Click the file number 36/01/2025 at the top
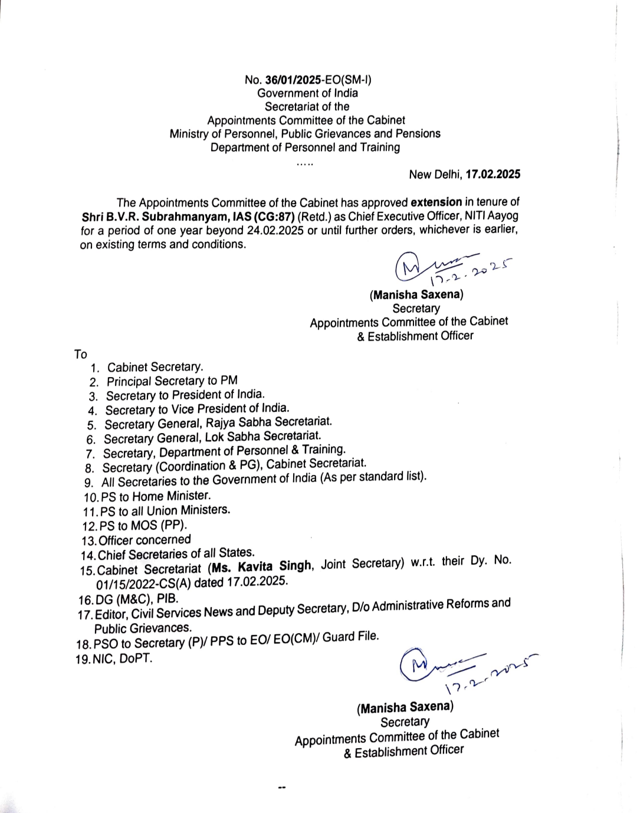tap(291, 80)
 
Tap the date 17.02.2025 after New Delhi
tap(492, 174)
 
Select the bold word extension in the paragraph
tap(436, 202)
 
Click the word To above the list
tap(81, 355)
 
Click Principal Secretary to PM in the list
tap(172, 381)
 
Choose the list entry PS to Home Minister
tap(156, 496)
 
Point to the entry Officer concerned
tap(145, 540)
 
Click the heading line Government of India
tap(307, 93)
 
